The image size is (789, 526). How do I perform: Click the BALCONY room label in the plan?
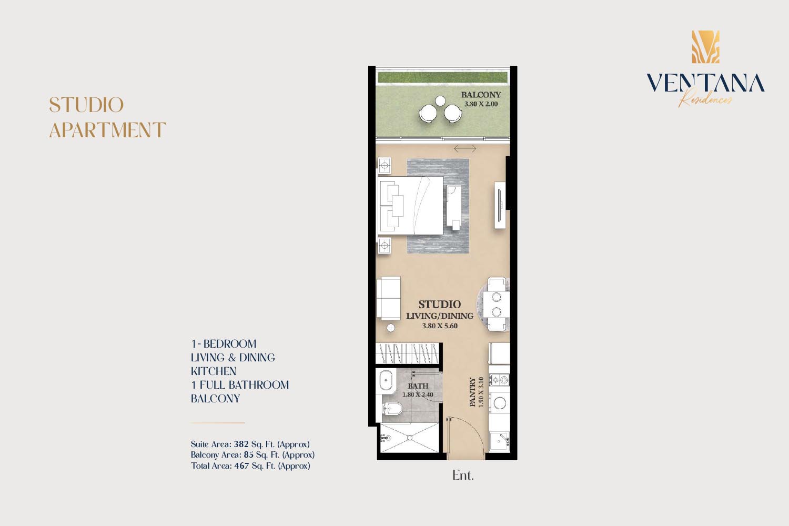[x=481, y=95]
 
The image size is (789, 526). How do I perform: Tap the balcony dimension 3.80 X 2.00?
[x=481, y=104]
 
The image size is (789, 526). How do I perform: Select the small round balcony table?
[x=440, y=101]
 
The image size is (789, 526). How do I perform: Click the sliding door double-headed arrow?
[x=465, y=149]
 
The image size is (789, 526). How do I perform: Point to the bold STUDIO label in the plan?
[x=440, y=305]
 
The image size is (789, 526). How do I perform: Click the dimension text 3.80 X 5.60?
[x=440, y=326]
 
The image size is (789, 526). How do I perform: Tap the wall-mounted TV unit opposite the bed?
[x=500, y=205]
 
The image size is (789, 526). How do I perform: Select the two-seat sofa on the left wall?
[x=389, y=298]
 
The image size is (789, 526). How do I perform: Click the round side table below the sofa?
[x=391, y=328]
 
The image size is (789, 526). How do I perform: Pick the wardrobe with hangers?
[x=408, y=353]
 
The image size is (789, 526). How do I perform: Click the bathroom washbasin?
[x=386, y=381]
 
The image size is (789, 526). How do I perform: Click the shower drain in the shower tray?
[x=410, y=438]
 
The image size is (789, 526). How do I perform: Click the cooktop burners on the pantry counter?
[x=500, y=380]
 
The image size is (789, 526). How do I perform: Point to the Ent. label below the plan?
[x=463, y=476]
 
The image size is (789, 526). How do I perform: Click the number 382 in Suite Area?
[x=241, y=444]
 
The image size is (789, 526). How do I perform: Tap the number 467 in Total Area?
[x=241, y=466]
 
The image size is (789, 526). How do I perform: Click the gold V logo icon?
[x=705, y=47]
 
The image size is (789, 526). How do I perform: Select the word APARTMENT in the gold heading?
[x=107, y=130]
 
